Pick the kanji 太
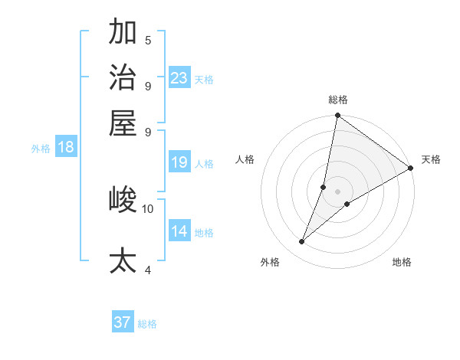coord(123,259)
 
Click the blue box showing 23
coord(179,78)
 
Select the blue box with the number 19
coord(179,162)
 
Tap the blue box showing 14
coord(179,231)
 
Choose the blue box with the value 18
coord(66,148)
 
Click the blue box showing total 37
coord(123,322)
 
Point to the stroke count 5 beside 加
coord(148,41)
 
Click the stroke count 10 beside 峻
coord(148,208)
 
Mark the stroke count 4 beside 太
coord(148,270)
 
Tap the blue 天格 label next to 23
coord(203,79)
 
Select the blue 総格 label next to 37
coord(147,324)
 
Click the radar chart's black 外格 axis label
coord(270,263)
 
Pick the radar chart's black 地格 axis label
coord(402,263)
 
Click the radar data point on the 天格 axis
coord(411,168)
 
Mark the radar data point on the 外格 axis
coord(302,242)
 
